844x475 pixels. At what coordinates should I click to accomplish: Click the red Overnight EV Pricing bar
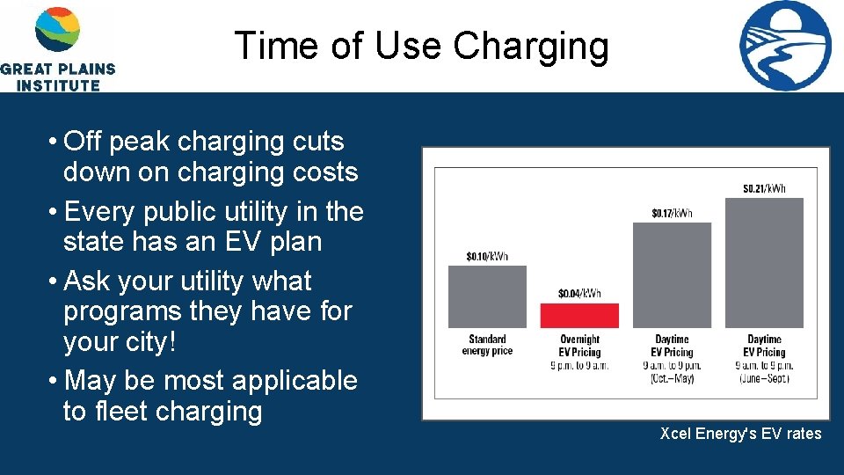tap(579, 315)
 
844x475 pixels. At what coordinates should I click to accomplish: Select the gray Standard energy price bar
tap(487, 296)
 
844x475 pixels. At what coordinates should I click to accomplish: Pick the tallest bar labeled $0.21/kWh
tap(764, 262)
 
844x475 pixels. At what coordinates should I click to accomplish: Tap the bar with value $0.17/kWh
tap(672, 274)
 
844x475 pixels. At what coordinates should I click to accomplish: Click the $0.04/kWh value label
tap(579, 293)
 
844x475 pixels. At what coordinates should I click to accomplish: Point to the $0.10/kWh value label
tap(487, 256)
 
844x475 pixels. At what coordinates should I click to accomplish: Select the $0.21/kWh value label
tap(764, 188)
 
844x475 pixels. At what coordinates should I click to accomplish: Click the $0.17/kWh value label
tap(672, 213)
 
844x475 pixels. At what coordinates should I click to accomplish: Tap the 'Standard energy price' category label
tap(487, 345)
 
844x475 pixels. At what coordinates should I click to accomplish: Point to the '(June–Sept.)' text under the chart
tap(764, 377)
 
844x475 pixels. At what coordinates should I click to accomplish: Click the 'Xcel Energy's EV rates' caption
tap(740, 433)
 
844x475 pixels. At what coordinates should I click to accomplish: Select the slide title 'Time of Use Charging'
tap(421, 46)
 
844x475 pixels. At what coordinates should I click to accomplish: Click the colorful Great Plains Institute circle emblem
tap(57, 29)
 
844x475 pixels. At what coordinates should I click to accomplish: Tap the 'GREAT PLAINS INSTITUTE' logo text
tap(57, 77)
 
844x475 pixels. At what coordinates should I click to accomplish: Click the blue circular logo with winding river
tap(785, 46)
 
